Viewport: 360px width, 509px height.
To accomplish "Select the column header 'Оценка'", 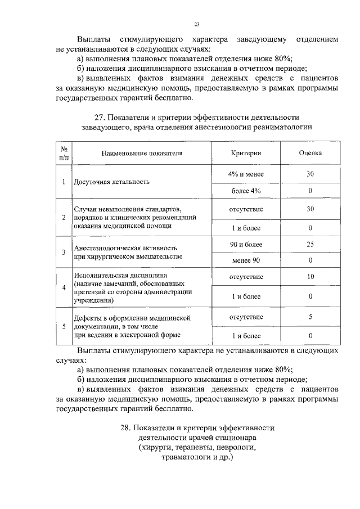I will point(310,153).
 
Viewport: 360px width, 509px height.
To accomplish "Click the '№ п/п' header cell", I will point(64,153).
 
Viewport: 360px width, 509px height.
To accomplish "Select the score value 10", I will point(310,277).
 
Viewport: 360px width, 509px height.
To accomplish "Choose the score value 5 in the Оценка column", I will point(310,317).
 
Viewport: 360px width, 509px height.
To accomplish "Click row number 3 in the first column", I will point(64,252).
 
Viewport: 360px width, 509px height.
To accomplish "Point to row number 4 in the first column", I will point(64,287).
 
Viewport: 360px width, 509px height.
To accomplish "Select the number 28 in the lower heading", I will point(126,427).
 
